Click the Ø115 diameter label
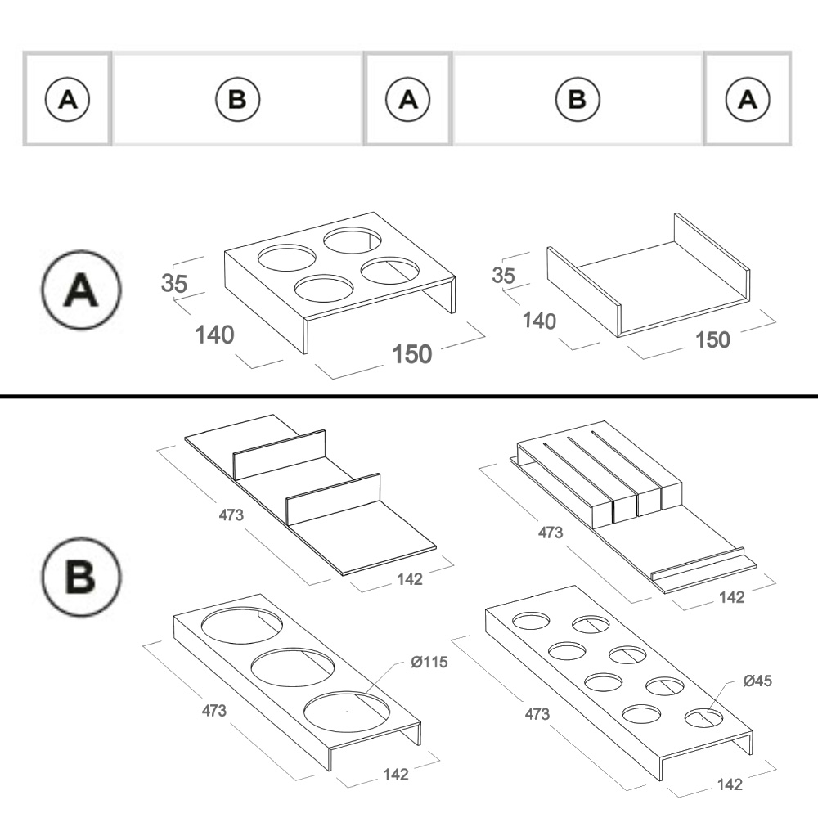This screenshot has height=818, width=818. point(429,662)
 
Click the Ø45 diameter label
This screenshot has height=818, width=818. point(757,681)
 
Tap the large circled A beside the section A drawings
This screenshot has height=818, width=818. point(81,290)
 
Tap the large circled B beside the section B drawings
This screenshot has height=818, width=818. point(81,577)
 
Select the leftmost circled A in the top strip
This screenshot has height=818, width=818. point(67,99)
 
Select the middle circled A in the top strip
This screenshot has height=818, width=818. point(408,99)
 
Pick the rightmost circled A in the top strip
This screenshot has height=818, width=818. point(748,99)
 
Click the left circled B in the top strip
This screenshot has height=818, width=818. point(237,99)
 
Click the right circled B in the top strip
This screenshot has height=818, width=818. point(578,99)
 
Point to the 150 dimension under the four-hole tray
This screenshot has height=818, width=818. point(412,354)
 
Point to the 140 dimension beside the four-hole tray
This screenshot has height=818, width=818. point(214,335)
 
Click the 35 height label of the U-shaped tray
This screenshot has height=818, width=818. point(503,276)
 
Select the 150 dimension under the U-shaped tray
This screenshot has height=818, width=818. point(712,340)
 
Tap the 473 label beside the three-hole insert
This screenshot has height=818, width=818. point(213,711)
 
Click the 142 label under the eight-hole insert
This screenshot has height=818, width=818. point(730,784)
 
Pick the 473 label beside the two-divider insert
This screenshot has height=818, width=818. point(231,515)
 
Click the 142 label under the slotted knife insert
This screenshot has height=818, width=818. point(731,597)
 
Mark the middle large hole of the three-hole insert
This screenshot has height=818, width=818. point(293,667)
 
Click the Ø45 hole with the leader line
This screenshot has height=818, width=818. point(703,718)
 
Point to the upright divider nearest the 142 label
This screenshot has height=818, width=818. point(334,499)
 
